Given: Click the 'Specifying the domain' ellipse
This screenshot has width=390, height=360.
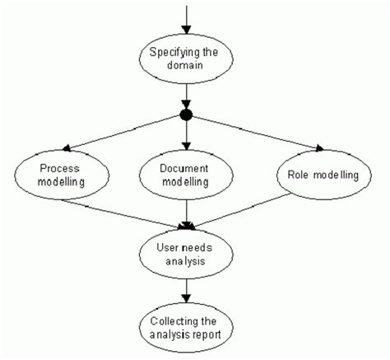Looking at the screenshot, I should coord(188,60).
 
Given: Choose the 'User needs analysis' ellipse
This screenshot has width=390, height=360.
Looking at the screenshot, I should coord(188,252).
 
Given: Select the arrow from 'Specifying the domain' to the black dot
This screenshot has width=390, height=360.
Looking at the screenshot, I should coord(188,97).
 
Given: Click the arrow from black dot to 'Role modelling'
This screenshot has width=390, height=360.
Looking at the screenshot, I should coord(255,132).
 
